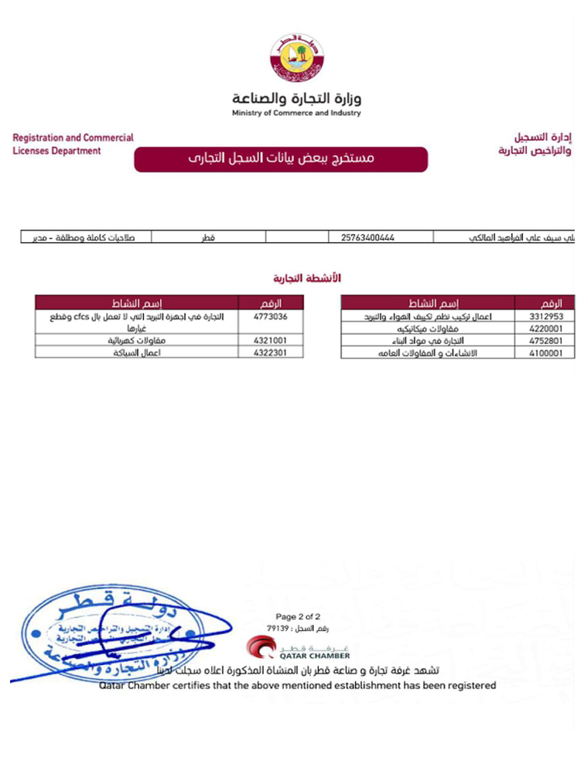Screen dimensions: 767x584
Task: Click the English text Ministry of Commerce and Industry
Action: point(296,114)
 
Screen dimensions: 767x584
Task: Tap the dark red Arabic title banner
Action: point(281,159)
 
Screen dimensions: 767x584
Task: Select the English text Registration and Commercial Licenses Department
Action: point(73,145)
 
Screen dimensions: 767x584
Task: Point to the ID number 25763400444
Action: point(368,237)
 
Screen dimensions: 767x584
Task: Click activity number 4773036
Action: point(271,317)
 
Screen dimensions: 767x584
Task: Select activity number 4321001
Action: point(271,339)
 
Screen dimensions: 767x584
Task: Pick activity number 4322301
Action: point(271,352)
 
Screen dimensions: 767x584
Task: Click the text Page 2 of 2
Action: point(298,617)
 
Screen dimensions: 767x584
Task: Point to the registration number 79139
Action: point(275,629)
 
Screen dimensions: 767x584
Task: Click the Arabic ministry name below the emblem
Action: point(296,98)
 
